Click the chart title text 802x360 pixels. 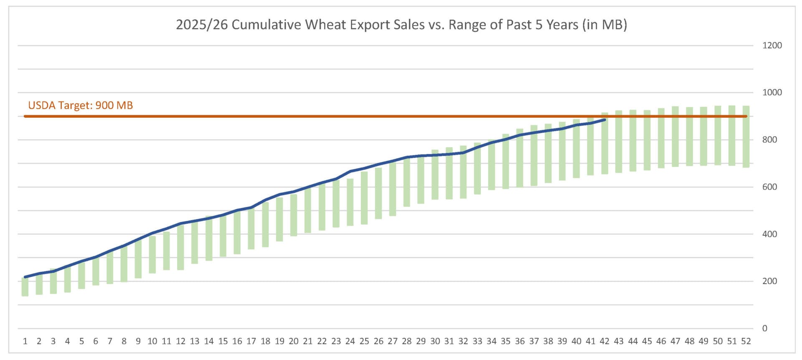pyautogui.click(x=401, y=25)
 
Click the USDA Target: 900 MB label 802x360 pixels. pyautogui.click(x=80, y=105)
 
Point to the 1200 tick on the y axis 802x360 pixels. pyautogui.click(x=772, y=46)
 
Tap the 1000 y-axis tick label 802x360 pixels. pyautogui.click(x=772, y=92)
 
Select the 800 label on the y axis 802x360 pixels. pyautogui.click(x=769, y=140)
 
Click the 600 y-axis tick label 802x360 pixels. pyautogui.click(x=769, y=187)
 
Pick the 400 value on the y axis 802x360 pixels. pyautogui.click(x=769, y=234)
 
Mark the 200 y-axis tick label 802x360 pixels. pyautogui.click(x=769, y=281)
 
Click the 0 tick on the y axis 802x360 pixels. pyautogui.click(x=764, y=329)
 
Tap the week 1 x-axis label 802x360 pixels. pyautogui.click(x=25, y=342)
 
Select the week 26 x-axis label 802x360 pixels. pyautogui.click(x=378, y=342)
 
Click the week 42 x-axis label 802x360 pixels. pyautogui.click(x=604, y=342)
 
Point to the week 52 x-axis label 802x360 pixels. pyautogui.click(x=746, y=342)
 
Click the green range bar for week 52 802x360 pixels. pyautogui.click(x=746, y=138)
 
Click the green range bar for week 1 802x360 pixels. pyautogui.click(x=25, y=287)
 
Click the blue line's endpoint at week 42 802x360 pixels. pyautogui.click(x=605, y=120)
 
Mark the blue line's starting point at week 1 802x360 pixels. pyautogui.click(x=25, y=277)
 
